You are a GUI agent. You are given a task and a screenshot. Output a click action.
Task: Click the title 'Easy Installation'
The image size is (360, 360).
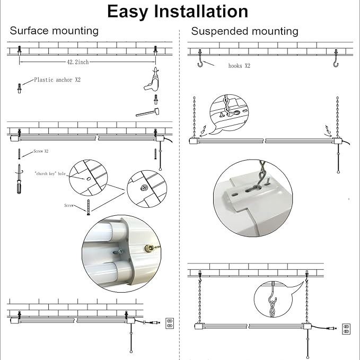(177, 11)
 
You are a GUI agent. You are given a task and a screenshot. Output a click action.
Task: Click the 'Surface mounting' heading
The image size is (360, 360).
(54, 31)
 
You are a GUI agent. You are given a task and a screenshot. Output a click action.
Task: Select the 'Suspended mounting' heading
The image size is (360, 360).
(244, 31)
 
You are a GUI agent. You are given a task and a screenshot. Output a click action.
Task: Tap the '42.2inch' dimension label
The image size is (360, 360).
(77, 62)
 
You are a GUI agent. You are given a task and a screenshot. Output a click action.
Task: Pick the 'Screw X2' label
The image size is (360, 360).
(41, 151)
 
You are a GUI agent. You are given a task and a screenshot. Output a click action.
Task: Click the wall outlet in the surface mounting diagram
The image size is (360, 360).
(170, 323)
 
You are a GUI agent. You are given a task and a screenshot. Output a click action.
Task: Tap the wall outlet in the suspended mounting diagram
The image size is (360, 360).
(346, 329)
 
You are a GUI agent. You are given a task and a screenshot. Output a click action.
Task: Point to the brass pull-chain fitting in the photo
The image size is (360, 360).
(150, 248)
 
